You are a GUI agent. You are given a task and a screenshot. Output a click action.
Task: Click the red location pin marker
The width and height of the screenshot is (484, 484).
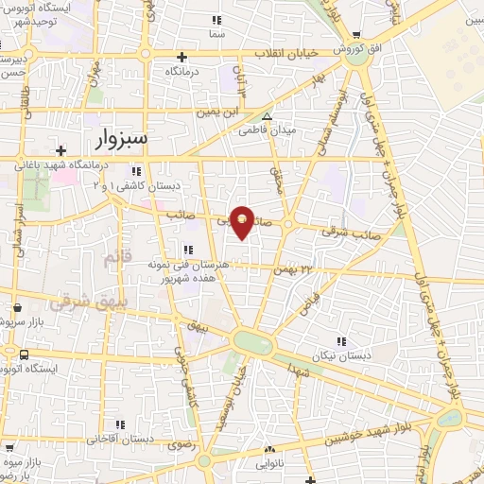tap(243, 221)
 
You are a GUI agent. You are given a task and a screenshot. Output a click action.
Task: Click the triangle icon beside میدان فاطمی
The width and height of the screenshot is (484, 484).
tap(267, 116)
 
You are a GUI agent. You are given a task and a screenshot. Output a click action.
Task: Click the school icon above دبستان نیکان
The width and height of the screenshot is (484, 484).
tap(339, 340)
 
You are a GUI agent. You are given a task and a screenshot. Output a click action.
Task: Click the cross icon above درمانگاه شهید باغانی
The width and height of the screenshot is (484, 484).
tap(60, 150)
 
